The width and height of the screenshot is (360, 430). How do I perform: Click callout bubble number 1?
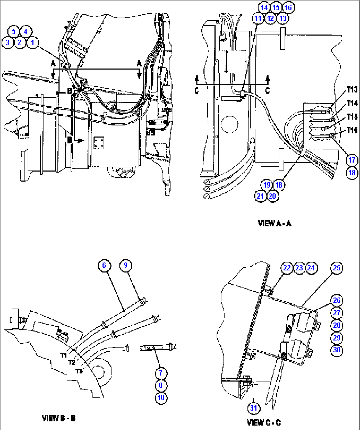click(32, 43)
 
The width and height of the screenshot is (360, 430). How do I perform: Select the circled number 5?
click(14, 32)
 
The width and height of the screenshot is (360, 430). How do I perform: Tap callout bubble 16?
click(288, 8)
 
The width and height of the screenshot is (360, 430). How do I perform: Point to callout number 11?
click(258, 18)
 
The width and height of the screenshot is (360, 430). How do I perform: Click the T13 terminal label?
click(352, 90)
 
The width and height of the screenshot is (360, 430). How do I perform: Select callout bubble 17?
click(352, 160)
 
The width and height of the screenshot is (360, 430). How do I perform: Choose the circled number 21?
click(260, 196)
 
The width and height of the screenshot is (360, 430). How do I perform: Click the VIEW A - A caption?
click(274, 224)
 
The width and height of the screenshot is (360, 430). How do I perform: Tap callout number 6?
click(104, 265)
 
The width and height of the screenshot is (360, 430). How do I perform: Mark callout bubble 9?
click(126, 265)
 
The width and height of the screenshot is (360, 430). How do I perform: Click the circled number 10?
click(161, 398)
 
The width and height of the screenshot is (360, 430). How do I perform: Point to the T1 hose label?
click(63, 355)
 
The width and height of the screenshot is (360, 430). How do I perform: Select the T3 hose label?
click(79, 371)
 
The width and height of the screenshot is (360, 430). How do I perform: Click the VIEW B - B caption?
click(59, 418)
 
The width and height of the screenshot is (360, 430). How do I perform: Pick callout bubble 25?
click(336, 268)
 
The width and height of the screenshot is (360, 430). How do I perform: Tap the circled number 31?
click(253, 408)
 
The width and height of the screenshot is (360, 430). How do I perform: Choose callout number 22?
click(287, 268)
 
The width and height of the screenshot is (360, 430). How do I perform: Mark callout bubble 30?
click(337, 350)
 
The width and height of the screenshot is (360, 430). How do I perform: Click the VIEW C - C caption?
click(264, 422)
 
